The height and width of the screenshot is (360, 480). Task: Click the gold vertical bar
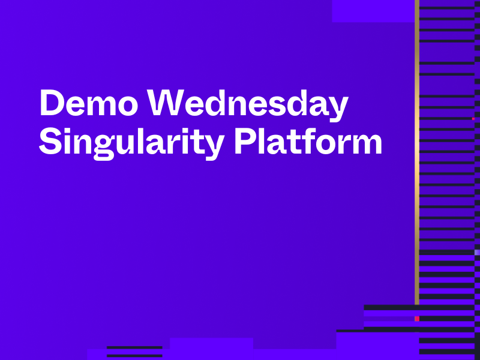pos(416,150)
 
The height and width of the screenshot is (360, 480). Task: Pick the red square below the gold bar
pos(416,319)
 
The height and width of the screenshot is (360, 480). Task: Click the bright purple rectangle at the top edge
pos(373,11)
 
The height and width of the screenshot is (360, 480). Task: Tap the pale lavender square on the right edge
pos(477,253)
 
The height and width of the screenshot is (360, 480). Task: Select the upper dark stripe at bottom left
pos(134,347)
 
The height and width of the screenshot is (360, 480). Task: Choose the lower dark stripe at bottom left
pos(134,355)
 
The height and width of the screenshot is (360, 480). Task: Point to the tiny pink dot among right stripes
pos(473,119)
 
